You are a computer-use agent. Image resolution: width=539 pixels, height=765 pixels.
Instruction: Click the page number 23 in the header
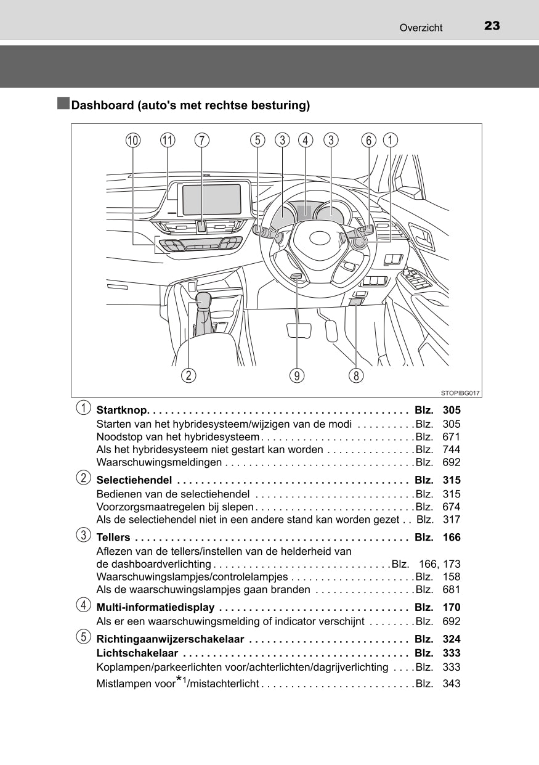pyautogui.click(x=492, y=26)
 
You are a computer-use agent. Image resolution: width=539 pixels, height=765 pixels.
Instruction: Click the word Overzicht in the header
pyautogui.click(x=421, y=28)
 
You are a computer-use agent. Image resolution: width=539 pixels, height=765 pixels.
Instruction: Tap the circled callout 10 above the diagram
pyautogui.click(x=132, y=141)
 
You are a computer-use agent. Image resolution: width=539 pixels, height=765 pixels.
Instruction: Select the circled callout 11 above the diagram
pyautogui.click(x=167, y=141)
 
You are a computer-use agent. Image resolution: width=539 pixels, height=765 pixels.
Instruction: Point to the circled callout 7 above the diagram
pyautogui.click(x=201, y=141)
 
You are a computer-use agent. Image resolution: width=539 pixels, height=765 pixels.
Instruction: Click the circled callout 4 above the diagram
pyautogui.click(x=306, y=141)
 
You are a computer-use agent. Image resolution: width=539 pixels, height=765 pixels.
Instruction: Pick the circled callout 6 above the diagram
pyautogui.click(x=368, y=141)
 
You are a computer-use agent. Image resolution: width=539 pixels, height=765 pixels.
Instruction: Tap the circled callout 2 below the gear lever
pyautogui.click(x=188, y=375)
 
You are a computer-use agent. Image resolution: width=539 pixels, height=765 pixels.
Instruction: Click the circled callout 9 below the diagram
pyautogui.click(x=298, y=375)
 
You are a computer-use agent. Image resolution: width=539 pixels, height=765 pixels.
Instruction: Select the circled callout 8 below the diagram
pyautogui.click(x=355, y=375)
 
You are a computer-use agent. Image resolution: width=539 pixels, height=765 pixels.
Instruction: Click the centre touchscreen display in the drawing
pyautogui.click(x=211, y=200)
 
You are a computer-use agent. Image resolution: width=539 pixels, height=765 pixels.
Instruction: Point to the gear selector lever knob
pyautogui.click(x=203, y=300)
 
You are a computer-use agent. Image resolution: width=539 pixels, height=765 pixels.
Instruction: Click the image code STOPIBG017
pyautogui.click(x=460, y=393)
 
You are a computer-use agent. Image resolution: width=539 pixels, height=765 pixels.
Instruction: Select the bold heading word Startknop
pyautogui.click(x=121, y=411)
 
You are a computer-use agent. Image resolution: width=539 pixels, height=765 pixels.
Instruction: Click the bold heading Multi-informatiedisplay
pyautogui.click(x=156, y=608)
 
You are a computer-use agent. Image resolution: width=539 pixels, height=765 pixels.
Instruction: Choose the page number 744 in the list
pyautogui.click(x=452, y=449)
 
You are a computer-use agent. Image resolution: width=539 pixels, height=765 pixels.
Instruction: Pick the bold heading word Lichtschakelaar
pyautogui.click(x=137, y=653)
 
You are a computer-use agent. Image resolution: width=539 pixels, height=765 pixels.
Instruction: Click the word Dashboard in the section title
pyautogui.click(x=102, y=105)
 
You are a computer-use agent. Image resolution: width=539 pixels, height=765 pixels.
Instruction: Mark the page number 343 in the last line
pyautogui.click(x=452, y=684)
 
